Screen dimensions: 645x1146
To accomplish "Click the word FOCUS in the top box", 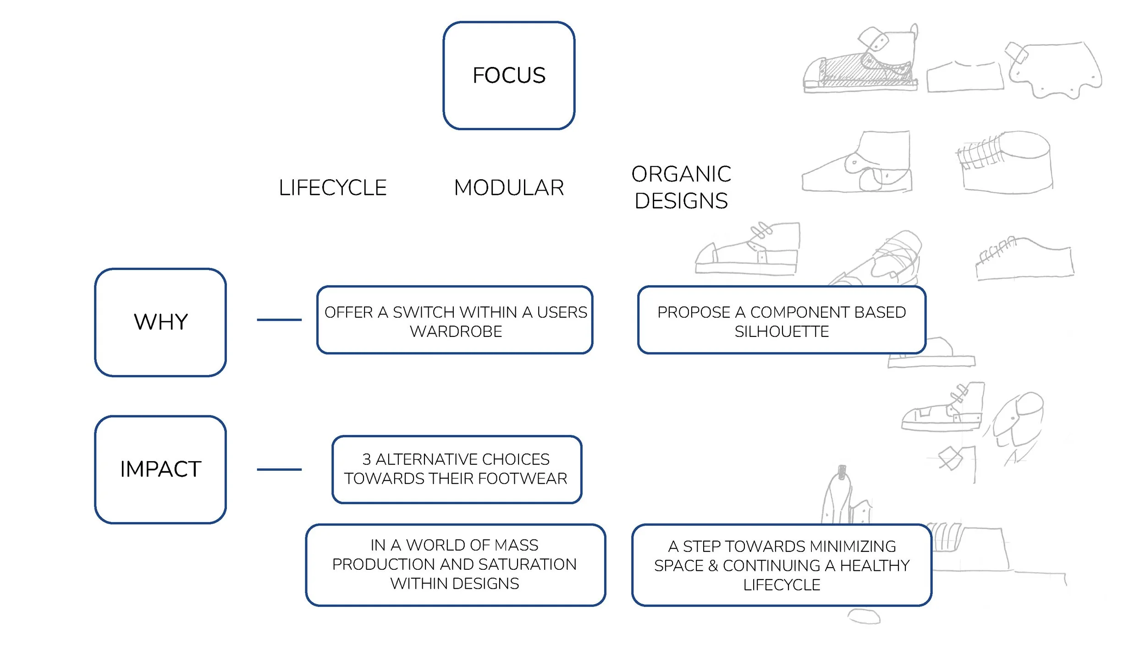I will coord(509,75).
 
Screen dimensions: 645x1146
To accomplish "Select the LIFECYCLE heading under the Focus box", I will coord(333,187).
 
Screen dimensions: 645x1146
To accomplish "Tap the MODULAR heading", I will coord(509,187).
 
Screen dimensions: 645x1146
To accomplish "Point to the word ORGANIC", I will coord(681,174).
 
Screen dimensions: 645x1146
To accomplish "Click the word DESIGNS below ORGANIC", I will coord(681,201).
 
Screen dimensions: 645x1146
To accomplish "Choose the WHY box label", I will coord(160,322).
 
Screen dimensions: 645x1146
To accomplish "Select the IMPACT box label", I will coord(160,469).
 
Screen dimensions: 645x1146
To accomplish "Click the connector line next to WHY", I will coord(279,320).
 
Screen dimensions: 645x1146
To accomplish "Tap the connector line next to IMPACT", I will coord(279,469).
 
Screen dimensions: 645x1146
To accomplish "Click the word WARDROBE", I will coord(456,331).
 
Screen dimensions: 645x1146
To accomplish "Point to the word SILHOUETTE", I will coord(782,331).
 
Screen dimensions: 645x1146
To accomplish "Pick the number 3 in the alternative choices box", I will coord(366,459).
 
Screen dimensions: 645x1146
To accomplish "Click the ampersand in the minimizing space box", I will coord(713,566).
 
